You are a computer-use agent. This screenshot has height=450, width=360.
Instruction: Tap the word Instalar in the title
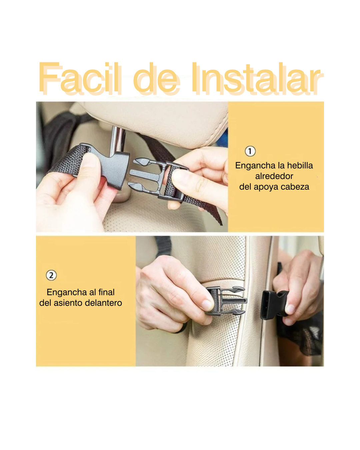pos(258,78)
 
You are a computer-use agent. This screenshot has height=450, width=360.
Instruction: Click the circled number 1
pos(250,151)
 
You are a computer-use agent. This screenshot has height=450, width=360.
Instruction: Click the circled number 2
pos(51,275)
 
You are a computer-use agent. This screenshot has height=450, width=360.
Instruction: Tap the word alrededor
pos(274,176)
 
